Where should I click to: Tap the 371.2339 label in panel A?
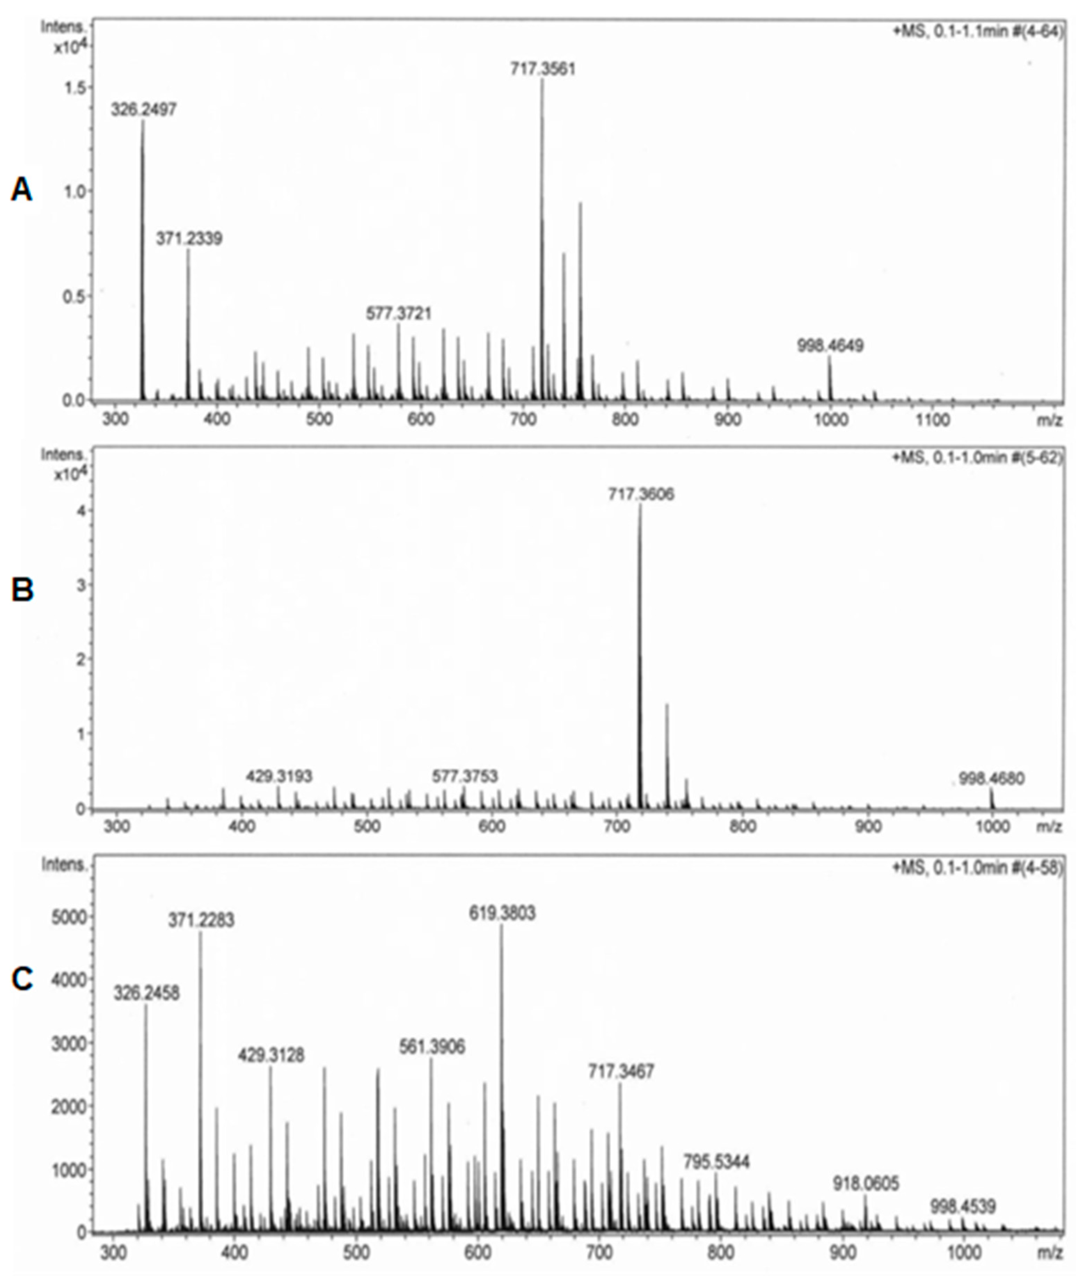pyautogui.click(x=189, y=238)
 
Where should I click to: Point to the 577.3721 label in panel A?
pyautogui.click(x=398, y=314)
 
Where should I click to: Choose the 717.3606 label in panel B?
pyautogui.click(x=640, y=494)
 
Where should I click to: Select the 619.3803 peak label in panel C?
pyautogui.click(x=502, y=913)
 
